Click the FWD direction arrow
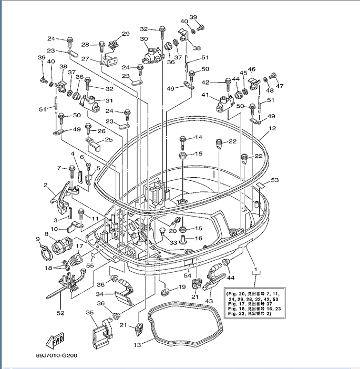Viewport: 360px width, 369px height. (x=55, y=342)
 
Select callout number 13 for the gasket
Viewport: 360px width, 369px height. (x=138, y=345)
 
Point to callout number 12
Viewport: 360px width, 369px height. (x=272, y=128)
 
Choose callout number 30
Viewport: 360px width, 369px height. (x=143, y=39)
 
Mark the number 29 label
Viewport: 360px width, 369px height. (x=125, y=34)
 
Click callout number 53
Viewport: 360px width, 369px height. (x=274, y=180)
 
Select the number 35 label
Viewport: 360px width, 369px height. (x=90, y=313)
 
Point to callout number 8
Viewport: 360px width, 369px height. (x=46, y=234)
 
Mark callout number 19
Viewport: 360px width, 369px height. (x=181, y=287)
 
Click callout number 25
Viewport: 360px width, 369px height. (x=109, y=140)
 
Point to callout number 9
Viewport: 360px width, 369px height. (x=38, y=239)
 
